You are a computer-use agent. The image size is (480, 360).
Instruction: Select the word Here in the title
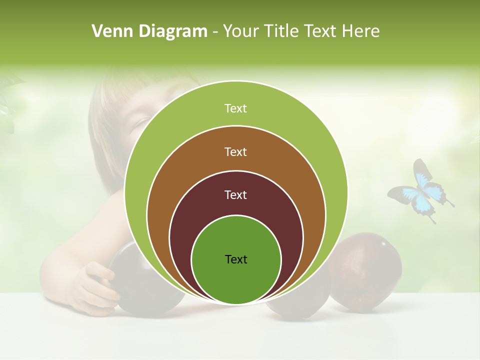tap(361, 31)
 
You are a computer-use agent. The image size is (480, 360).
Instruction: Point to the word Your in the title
tap(239, 31)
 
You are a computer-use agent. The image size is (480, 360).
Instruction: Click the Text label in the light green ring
tap(235, 108)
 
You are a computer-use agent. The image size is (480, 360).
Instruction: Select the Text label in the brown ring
tap(235, 152)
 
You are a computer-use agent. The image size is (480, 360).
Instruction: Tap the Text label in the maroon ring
tap(235, 195)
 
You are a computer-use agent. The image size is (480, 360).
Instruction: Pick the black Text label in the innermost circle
tap(236, 259)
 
